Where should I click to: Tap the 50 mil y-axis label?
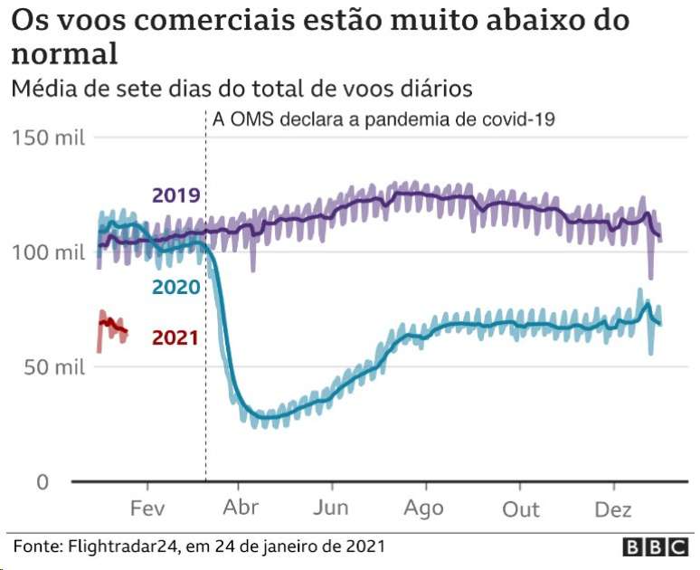pos(52,367)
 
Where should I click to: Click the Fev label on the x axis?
pos(147,508)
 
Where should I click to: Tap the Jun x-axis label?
pos(331,508)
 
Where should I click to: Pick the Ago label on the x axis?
pos(424,508)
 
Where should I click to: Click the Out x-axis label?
pos(521,508)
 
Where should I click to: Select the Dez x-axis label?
pos(612,508)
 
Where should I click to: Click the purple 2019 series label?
pos(175,195)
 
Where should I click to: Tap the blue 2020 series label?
pos(175,287)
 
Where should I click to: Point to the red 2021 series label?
pos(175,337)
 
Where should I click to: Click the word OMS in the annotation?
pos(249,119)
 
